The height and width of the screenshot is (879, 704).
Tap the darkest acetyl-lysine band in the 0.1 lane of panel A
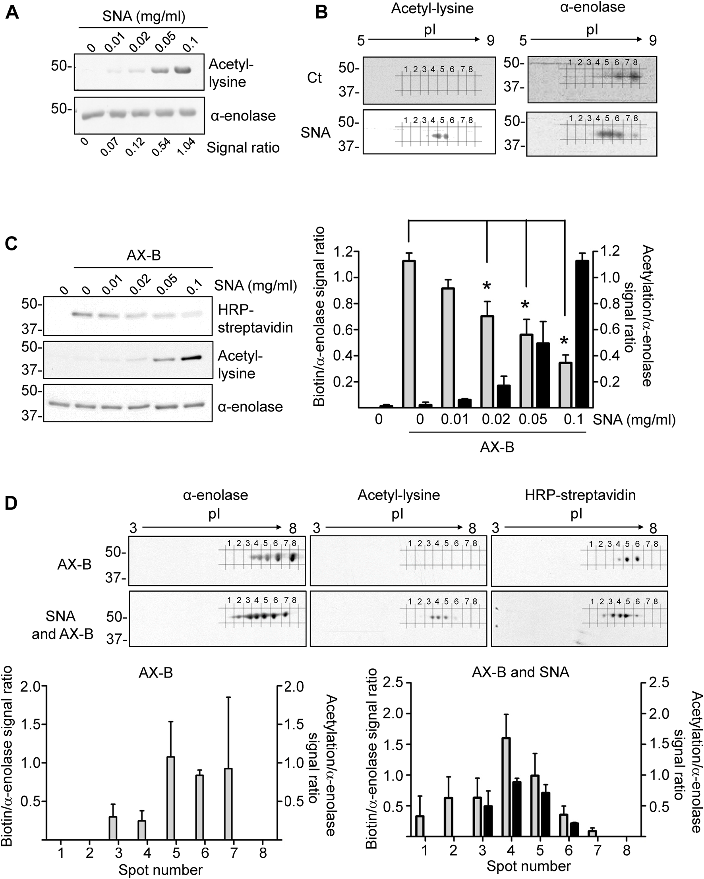pos(182,70)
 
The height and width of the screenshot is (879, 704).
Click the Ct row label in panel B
pos(314,78)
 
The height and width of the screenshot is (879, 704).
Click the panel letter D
pos(12,504)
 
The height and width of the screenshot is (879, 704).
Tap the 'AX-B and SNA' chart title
pos(520,672)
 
